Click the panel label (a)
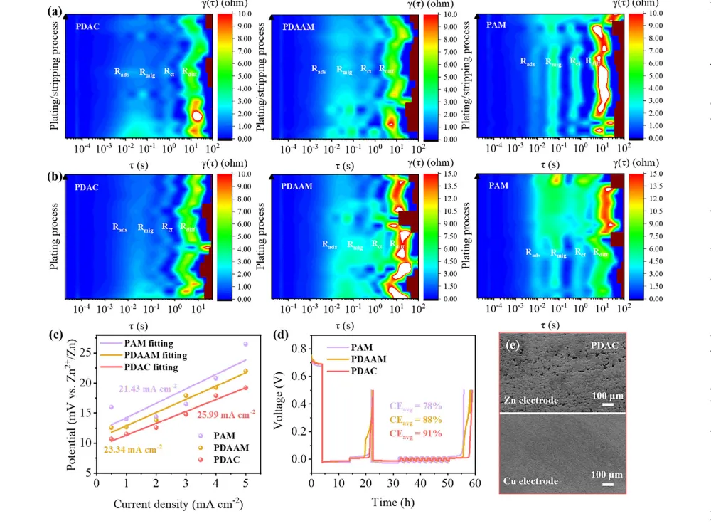coord(53,11)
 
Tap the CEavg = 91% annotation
coord(416,433)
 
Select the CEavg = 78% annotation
coord(416,406)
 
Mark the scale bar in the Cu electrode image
coord(607,486)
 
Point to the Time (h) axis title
coord(390,503)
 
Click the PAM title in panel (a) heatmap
coord(497,26)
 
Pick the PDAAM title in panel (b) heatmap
coord(299,187)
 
